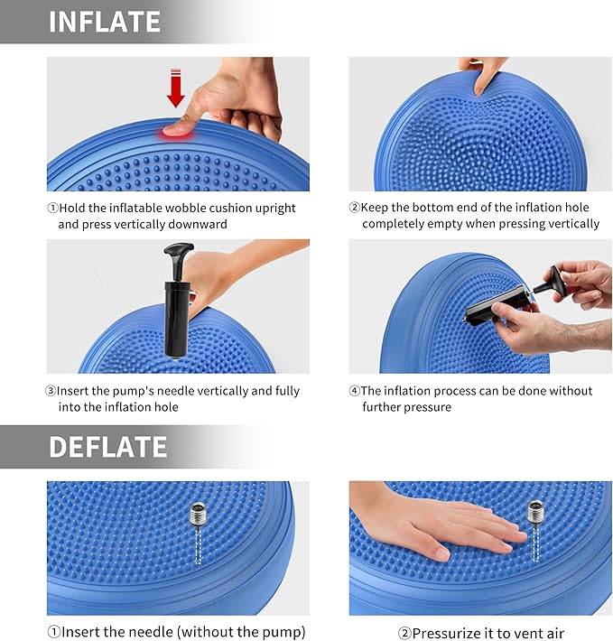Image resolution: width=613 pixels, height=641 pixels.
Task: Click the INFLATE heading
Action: [x=104, y=22]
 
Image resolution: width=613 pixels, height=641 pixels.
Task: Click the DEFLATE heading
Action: [x=107, y=447]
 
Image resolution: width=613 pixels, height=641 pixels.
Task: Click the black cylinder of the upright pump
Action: [x=173, y=316]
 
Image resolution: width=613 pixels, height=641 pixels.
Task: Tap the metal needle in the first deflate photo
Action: [x=197, y=518]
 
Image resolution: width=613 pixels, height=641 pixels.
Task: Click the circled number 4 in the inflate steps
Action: [x=354, y=391]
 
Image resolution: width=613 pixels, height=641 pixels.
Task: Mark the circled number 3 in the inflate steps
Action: [x=52, y=391]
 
